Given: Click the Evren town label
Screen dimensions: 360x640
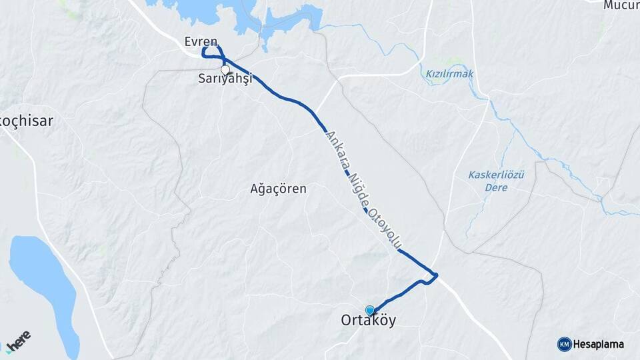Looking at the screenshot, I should click(x=201, y=41).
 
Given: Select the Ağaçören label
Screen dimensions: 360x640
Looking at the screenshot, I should click(x=279, y=189).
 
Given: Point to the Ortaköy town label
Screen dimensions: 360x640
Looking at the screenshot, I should click(x=369, y=321).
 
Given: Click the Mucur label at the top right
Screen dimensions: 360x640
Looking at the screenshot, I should click(x=621, y=5).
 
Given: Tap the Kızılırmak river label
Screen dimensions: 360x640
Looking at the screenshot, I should click(x=449, y=74).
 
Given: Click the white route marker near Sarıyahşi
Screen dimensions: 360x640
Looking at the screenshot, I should click(x=225, y=69).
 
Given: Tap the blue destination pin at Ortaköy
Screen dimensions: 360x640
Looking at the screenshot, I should click(x=370, y=310).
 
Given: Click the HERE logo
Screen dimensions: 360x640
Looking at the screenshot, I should click(x=18, y=341).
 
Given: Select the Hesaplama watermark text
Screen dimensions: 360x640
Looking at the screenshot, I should click(x=599, y=344).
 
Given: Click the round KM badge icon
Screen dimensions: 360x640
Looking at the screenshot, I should click(x=565, y=344).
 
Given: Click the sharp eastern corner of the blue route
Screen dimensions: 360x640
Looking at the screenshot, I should click(x=437, y=275).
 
